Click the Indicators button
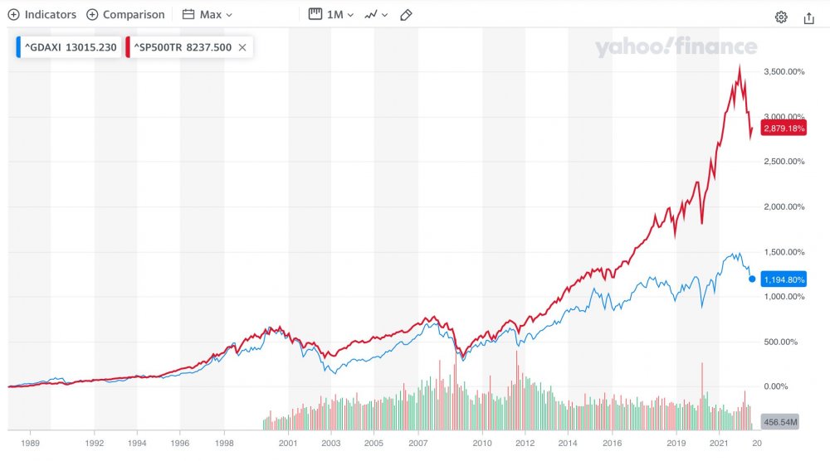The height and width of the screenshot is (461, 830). click(42, 15)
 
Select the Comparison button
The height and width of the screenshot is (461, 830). click(125, 15)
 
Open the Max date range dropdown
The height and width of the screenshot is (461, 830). click(207, 15)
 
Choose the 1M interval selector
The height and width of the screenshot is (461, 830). click(331, 15)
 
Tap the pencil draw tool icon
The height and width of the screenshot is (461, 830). click(406, 15)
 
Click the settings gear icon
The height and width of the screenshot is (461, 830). click(781, 17)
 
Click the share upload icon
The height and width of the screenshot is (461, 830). click(809, 17)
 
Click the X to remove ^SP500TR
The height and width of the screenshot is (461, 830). click(242, 47)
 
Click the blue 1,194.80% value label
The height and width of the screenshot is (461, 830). click(784, 280)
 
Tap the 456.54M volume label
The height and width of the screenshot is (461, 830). click(779, 422)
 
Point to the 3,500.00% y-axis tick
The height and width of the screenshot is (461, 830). click(783, 72)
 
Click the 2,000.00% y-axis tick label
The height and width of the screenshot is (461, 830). click(783, 207)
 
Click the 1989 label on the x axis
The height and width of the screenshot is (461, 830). click(30, 444)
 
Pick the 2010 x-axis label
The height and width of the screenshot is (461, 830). click(483, 444)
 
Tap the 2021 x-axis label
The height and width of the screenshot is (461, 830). click(720, 444)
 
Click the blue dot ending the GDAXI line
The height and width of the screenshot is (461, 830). click(752, 279)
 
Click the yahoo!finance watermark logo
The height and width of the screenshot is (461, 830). click(676, 48)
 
